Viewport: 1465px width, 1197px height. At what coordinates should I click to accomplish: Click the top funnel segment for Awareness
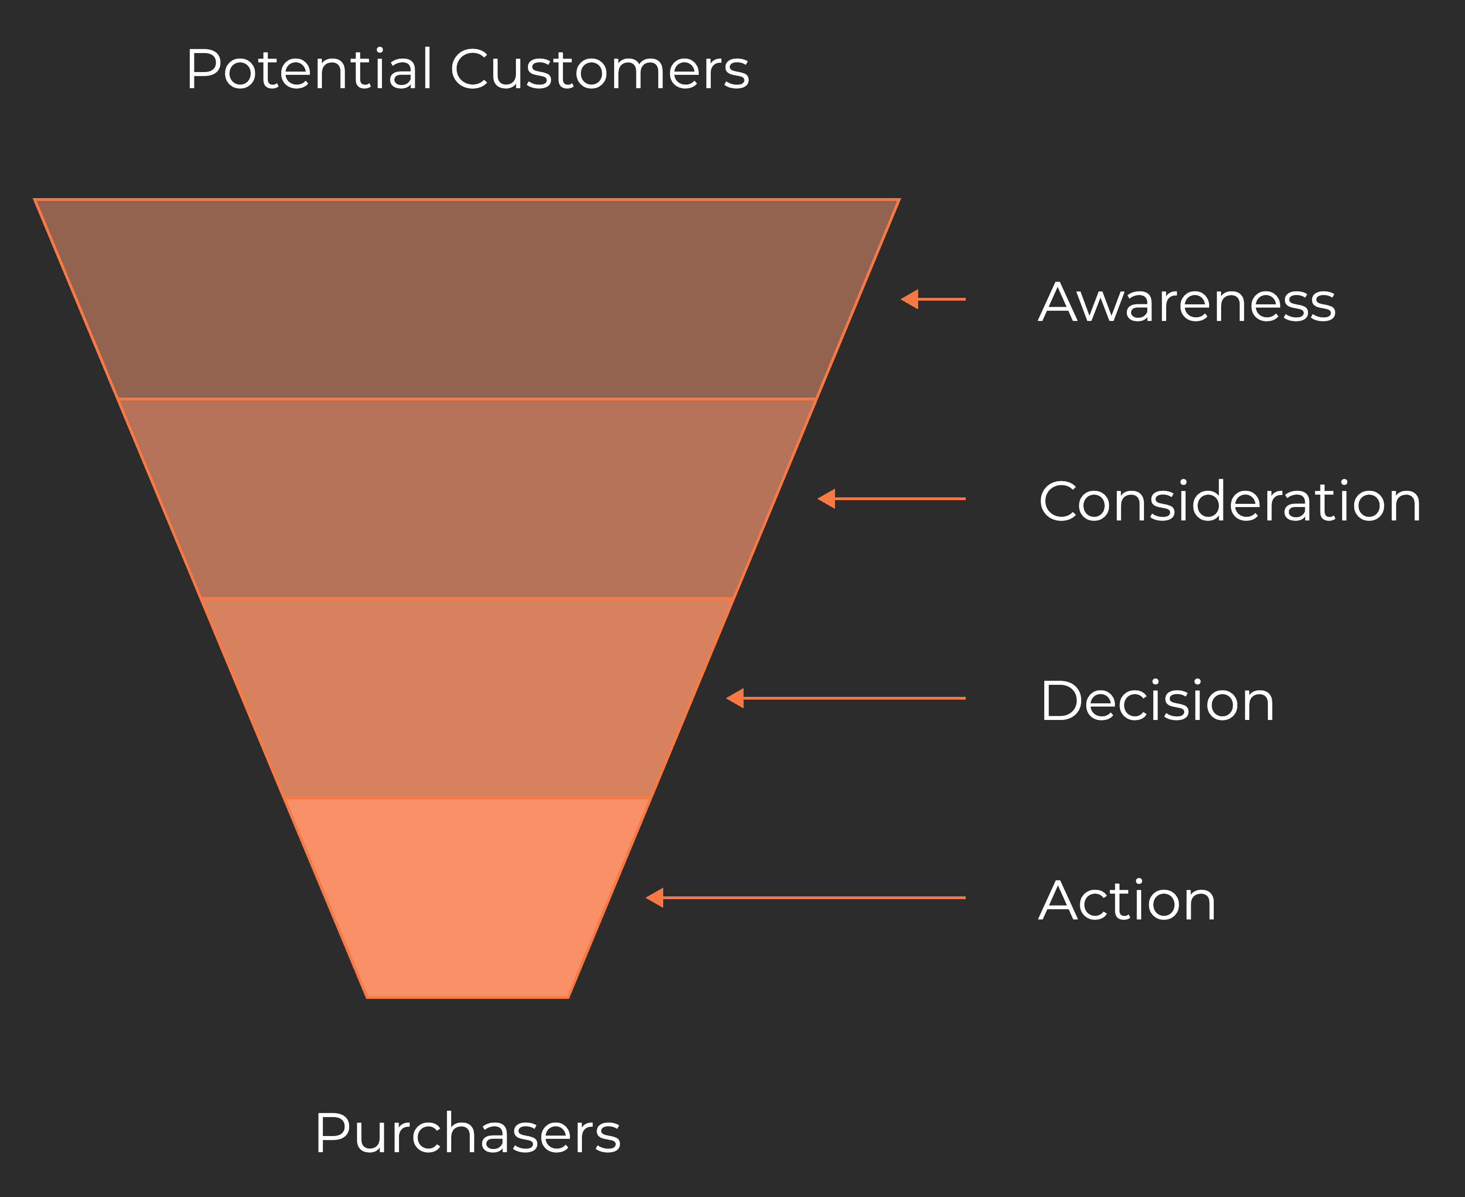[467, 299]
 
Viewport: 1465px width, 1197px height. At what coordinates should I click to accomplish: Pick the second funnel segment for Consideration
[467, 499]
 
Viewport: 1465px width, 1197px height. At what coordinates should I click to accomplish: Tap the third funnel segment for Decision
[467, 698]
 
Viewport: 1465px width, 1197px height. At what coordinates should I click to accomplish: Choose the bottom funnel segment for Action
[467, 898]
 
